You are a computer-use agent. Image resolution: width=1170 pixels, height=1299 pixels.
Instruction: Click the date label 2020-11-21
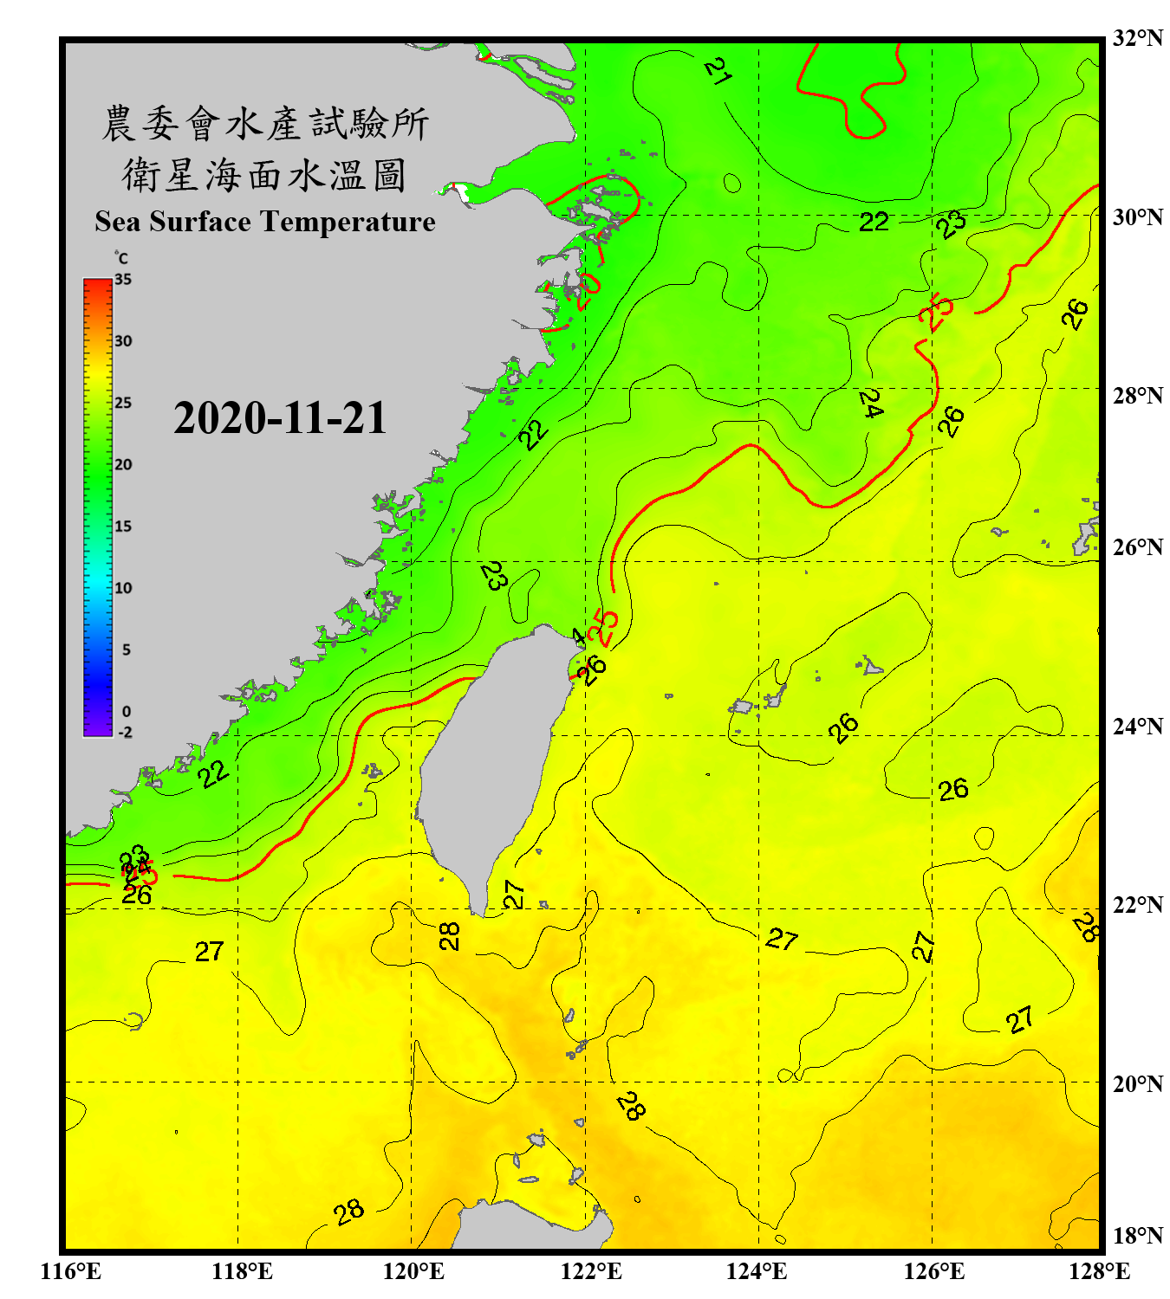tap(279, 418)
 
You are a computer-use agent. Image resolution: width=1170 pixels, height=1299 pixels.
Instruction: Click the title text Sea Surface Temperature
tap(265, 222)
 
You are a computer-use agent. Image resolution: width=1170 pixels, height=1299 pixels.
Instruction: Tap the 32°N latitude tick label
tap(1137, 38)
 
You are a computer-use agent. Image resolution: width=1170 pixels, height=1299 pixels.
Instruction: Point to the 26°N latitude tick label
tap(1137, 547)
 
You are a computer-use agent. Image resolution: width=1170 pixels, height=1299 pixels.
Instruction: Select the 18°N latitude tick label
tap(1137, 1236)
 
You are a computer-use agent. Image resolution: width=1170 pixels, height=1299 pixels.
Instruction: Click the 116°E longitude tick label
tap(71, 1271)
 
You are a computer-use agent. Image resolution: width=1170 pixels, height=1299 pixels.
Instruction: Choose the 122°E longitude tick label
tap(591, 1271)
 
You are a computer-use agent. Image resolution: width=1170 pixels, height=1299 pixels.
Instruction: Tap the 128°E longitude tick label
tap(1099, 1271)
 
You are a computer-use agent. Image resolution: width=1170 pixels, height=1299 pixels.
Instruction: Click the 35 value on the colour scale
tap(123, 280)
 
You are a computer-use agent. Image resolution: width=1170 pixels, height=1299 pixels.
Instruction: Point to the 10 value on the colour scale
tap(123, 588)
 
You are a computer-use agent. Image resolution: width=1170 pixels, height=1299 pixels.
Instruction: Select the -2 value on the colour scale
tap(125, 732)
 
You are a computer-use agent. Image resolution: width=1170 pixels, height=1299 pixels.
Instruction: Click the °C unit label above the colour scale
tap(121, 258)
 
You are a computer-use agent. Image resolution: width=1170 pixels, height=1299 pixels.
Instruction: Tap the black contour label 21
tap(718, 70)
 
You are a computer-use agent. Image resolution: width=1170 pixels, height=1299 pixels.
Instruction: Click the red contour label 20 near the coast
tap(588, 290)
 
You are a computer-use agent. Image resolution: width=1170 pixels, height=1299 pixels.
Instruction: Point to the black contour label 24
tap(870, 403)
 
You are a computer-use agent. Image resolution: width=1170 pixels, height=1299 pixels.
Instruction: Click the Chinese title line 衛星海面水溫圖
tap(263, 175)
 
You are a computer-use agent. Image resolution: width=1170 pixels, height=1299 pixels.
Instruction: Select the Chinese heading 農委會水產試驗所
tap(265, 123)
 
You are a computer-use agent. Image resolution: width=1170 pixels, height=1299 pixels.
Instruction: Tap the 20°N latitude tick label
tap(1137, 1083)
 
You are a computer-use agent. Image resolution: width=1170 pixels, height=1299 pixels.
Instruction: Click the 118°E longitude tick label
tap(243, 1271)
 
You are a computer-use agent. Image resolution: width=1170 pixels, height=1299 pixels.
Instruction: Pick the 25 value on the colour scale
tap(123, 403)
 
